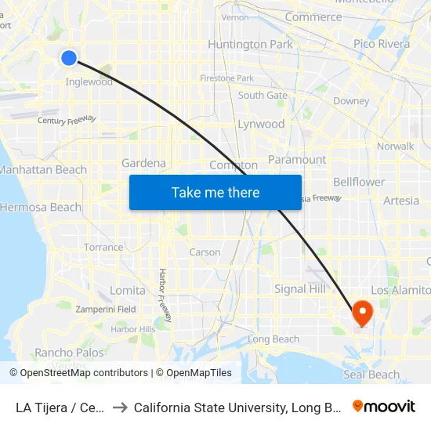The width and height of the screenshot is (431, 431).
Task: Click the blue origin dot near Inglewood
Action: point(69,57)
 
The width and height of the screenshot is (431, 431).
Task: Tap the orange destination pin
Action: point(362,313)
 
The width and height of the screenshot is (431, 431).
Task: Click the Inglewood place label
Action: point(89,81)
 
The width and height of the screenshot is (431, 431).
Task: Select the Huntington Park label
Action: point(250,44)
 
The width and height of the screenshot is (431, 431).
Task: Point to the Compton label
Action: point(234,165)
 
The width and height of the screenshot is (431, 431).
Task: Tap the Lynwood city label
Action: point(261,124)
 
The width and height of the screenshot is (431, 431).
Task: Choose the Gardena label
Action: point(143,163)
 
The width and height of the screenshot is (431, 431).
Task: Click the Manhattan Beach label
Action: point(43,169)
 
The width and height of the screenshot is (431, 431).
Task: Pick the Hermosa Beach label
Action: point(40,207)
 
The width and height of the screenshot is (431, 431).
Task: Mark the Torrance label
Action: point(103,247)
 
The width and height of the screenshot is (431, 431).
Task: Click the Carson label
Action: point(205,252)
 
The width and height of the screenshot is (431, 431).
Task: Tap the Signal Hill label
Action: point(300,288)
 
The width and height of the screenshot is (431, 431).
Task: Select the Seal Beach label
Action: point(371,375)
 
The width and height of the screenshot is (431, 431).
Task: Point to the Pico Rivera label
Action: point(381,44)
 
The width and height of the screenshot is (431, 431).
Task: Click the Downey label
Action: point(351,101)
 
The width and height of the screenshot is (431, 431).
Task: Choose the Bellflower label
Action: point(359,182)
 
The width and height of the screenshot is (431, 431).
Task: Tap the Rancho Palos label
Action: point(69,353)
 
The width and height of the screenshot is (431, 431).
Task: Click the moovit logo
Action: point(384,407)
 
